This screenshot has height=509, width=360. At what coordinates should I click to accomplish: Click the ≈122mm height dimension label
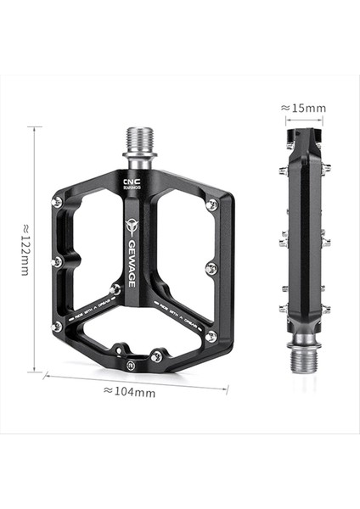click(x=26, y=249)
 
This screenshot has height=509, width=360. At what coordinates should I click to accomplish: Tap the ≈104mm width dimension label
click(x=129, y=391)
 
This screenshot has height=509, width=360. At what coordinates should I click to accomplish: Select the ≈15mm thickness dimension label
click(x=303, y=108)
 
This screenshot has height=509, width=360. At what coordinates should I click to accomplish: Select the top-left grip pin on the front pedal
click(x=58, y=201)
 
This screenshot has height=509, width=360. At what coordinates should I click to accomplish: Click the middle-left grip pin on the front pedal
click(x=57, y=261)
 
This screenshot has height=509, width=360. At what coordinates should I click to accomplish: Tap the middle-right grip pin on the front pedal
click(x=211, y=269)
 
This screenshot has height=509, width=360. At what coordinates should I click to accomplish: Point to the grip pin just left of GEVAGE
click(x=115, y=288)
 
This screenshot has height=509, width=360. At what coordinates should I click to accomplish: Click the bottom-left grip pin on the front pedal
click(x=57, y=326)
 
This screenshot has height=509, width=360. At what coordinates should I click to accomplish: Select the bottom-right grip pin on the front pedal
click(x=211, y=337)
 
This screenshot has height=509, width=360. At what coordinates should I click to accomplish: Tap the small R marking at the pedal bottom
click(x=131, y=365)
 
